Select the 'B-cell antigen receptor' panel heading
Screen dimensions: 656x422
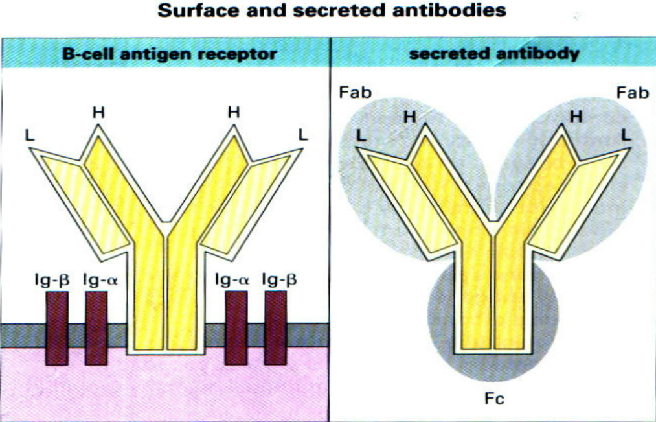(169, 54)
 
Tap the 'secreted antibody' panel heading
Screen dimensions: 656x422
(494, 54)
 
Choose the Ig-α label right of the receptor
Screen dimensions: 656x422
(231, 279)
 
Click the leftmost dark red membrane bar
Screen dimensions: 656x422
(56, 327)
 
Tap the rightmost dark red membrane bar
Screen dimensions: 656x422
(276, 327)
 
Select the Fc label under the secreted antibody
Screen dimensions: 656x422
(494, 398)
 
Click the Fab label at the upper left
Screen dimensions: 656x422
(355, 93)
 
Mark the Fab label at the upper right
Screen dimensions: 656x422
(633, 93)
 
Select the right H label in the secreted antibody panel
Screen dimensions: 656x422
(575, 116)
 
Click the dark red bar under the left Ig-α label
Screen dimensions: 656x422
(96, 327)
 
